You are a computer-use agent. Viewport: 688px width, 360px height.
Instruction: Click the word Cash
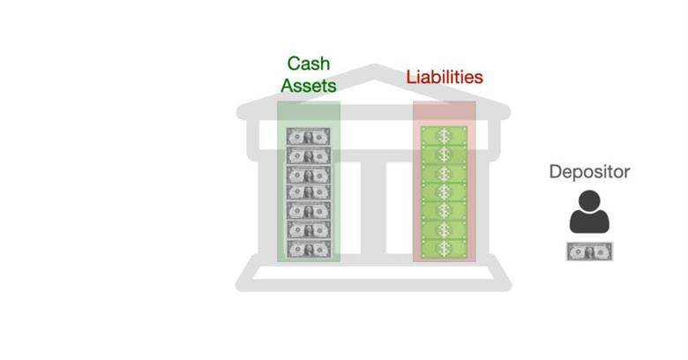[309, 64]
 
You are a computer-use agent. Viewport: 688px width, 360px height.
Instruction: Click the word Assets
[309, 86]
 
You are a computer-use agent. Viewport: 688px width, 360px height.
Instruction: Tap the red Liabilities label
[445, 78]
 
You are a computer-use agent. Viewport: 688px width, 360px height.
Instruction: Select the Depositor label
[589, 172]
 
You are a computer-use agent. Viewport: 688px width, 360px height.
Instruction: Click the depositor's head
[589, 200]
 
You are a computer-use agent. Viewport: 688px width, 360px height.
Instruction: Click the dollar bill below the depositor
[590, 251]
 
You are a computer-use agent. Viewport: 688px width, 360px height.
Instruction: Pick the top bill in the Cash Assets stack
[309, 137]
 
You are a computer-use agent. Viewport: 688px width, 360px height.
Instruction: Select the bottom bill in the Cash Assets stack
[309, 249]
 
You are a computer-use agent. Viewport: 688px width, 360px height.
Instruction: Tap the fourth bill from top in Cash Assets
[309, 192]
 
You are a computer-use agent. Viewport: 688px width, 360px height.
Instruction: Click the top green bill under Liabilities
[444, 136]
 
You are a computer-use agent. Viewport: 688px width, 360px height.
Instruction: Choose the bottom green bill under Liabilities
[444, 249]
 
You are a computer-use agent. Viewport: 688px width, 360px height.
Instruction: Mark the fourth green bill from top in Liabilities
[444, 191]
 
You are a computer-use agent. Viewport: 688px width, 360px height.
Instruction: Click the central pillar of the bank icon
[373, 207]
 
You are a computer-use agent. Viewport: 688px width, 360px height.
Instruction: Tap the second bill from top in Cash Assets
[309, 155]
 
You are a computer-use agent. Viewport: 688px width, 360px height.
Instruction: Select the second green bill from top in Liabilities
[444, 154]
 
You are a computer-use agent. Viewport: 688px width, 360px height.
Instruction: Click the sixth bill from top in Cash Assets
[309, 229]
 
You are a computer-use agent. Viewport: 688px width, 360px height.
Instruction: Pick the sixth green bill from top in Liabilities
[444, 230]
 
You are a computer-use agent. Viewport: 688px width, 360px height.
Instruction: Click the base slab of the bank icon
[374, 285]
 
